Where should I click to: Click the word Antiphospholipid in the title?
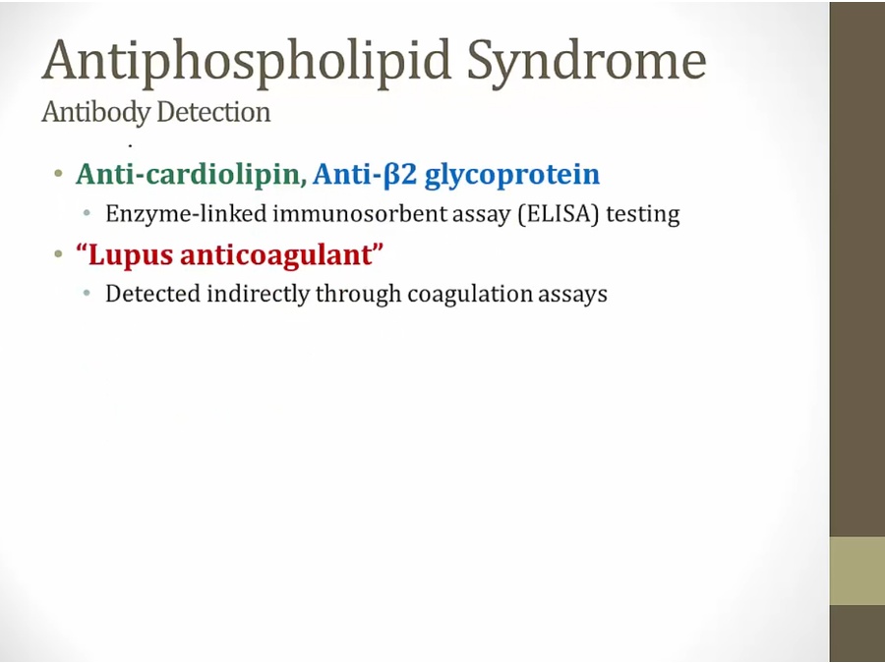point(247,62)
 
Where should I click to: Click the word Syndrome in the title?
point(587,62)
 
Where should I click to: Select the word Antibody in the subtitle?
point(96,112)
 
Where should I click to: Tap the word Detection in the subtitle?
point(214,111)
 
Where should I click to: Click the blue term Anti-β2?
point(365,174)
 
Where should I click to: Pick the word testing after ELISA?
point(643,215)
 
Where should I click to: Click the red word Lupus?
point(130,255)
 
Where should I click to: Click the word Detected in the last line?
point(153,294)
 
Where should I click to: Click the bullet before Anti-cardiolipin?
point(58,174)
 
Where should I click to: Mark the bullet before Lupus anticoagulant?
point(58,254)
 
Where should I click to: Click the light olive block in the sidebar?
point(857,571)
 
